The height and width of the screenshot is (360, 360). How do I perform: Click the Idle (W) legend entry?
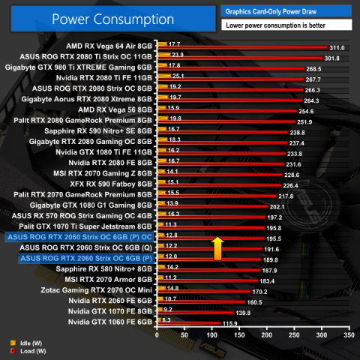click(22, 341)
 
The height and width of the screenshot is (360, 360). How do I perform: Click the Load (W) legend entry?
click(23, 349)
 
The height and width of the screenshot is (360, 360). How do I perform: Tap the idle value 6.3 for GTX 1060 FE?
click(166, 319)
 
